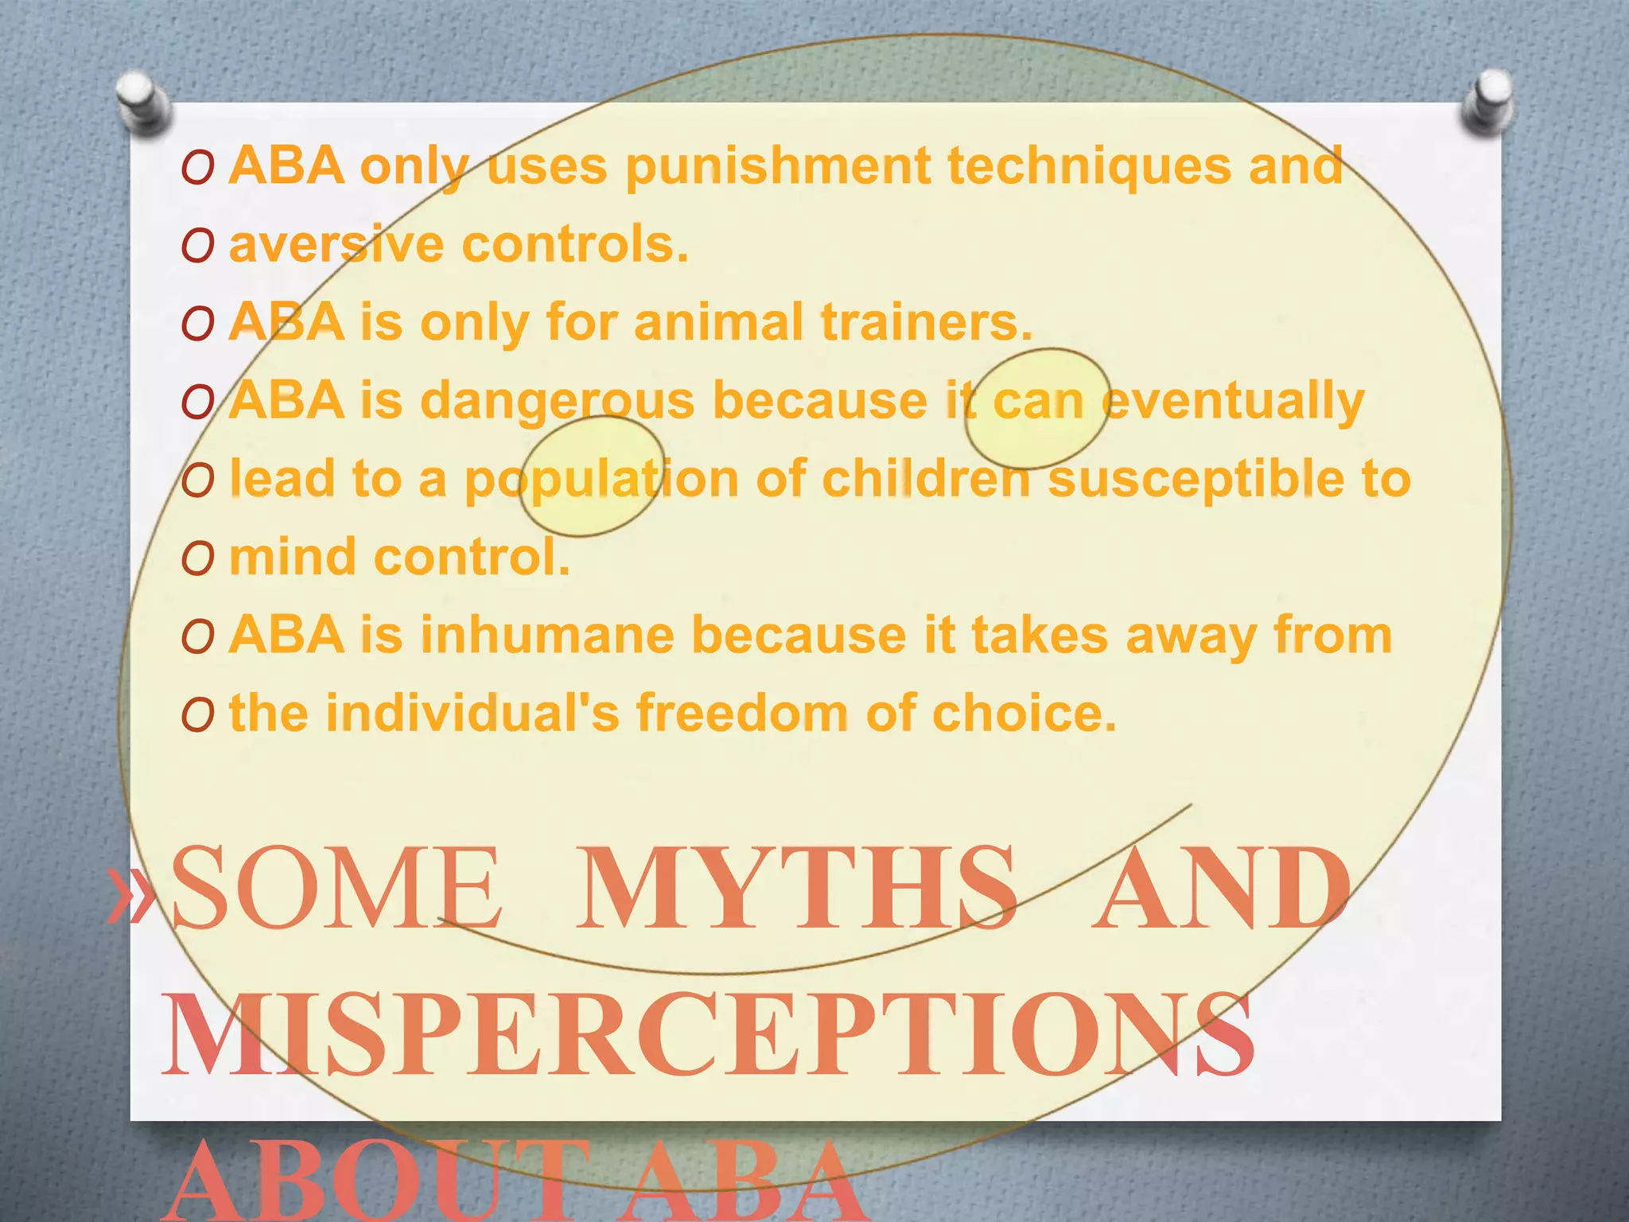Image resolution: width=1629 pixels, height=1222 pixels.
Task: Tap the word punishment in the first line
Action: (778, 167)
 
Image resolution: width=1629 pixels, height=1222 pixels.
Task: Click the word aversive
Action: (336, 244)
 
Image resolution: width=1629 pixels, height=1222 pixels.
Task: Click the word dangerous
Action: (557, 400)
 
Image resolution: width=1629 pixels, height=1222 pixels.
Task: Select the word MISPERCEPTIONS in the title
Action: (708, 1035)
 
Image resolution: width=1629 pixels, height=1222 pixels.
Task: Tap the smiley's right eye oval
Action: (1037, 408)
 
